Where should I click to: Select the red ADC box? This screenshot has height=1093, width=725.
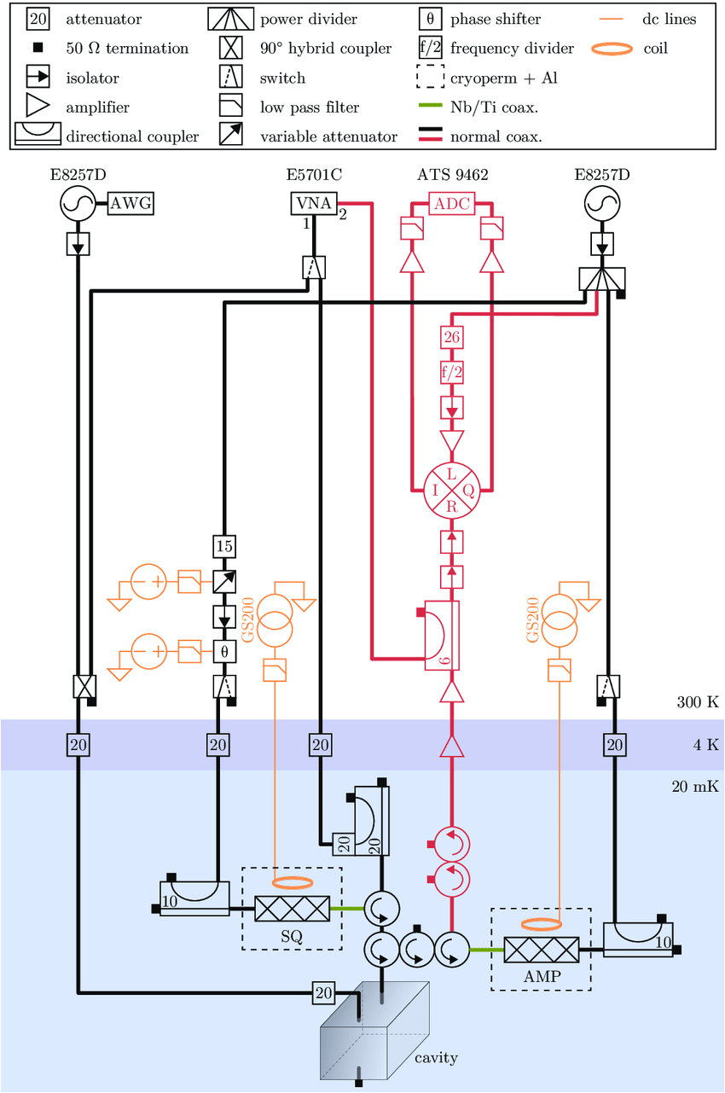tap(451, 204)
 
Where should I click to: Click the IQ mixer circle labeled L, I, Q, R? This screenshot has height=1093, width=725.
tap(451, 491)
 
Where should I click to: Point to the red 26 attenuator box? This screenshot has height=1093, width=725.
tap(451, 338)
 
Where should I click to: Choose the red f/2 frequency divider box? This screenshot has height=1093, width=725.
tap(451, 372)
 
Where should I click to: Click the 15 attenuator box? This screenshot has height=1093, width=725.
tap(223, 546)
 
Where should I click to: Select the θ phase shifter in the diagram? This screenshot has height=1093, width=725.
tap(223, 651)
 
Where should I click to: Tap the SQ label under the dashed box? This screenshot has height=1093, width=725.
tap(292, 935)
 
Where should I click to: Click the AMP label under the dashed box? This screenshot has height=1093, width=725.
tap(541, 976)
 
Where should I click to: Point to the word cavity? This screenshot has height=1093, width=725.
tap(436, 1058)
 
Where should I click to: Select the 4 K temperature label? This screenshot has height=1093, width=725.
tap(705, 745)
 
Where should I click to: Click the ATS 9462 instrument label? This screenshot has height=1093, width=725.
tap(452, 176)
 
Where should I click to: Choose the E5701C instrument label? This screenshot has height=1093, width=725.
tap(314, 176)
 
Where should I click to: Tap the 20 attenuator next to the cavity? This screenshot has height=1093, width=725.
tap(323, 992)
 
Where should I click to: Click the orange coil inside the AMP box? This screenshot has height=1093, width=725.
tap(541, 924)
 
